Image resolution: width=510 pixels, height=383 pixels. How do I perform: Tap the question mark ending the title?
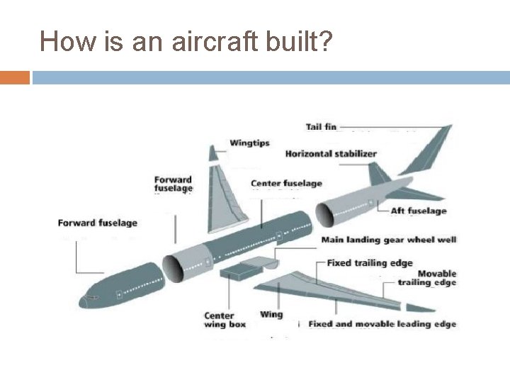point(326,42)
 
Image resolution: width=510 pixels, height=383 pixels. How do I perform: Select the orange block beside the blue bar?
point(14,77)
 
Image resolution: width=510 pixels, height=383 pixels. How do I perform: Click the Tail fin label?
point(321,127)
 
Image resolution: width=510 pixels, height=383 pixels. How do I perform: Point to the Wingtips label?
point(249,143)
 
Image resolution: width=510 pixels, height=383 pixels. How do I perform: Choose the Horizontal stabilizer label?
point(331,154)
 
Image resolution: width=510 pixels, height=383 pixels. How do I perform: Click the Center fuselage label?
point(286,184)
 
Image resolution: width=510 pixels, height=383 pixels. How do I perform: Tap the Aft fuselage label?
point(419,211)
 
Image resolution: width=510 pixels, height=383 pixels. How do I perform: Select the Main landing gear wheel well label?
point(389,240)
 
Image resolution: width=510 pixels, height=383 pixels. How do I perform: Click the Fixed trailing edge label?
point(369,263)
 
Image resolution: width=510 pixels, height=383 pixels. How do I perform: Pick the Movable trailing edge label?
point(436,278)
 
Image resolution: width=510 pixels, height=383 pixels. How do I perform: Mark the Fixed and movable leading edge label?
point(382,324)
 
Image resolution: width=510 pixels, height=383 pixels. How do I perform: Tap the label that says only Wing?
point(271,314)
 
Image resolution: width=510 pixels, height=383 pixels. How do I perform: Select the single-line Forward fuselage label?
point(97,223)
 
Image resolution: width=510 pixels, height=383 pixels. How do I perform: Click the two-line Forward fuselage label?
point(174,184)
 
